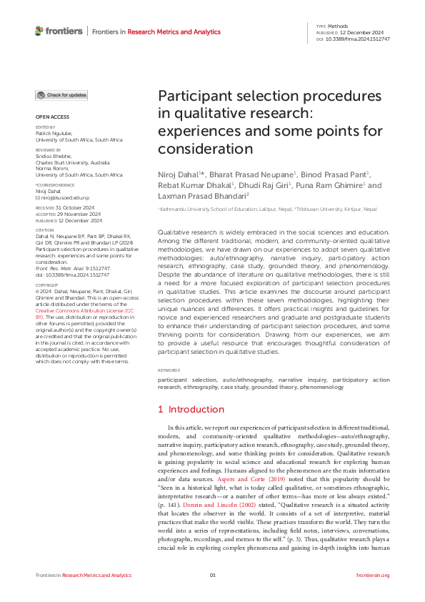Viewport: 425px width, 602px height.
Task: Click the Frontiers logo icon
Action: [x=39, y=31]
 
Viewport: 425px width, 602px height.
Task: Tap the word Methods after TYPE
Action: [x=338, y=26]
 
